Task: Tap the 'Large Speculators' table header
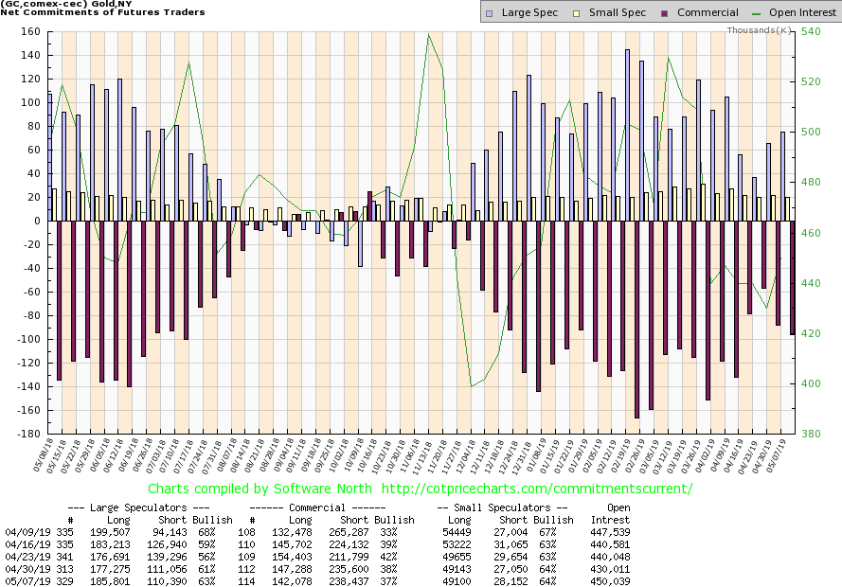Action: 136,507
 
